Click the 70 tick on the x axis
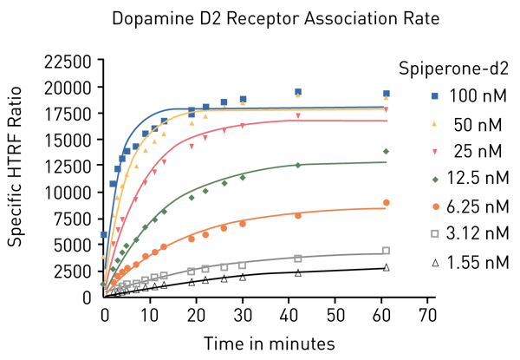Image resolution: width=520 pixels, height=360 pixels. pos(426,312)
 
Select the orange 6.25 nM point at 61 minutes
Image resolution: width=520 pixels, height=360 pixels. pos(386,203)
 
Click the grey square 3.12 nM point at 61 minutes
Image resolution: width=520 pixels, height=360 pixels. pos(386,251)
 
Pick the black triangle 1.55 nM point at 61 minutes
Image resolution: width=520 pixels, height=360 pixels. pos(386,267)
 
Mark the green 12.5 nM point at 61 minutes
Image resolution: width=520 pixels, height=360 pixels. pos(386,152)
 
